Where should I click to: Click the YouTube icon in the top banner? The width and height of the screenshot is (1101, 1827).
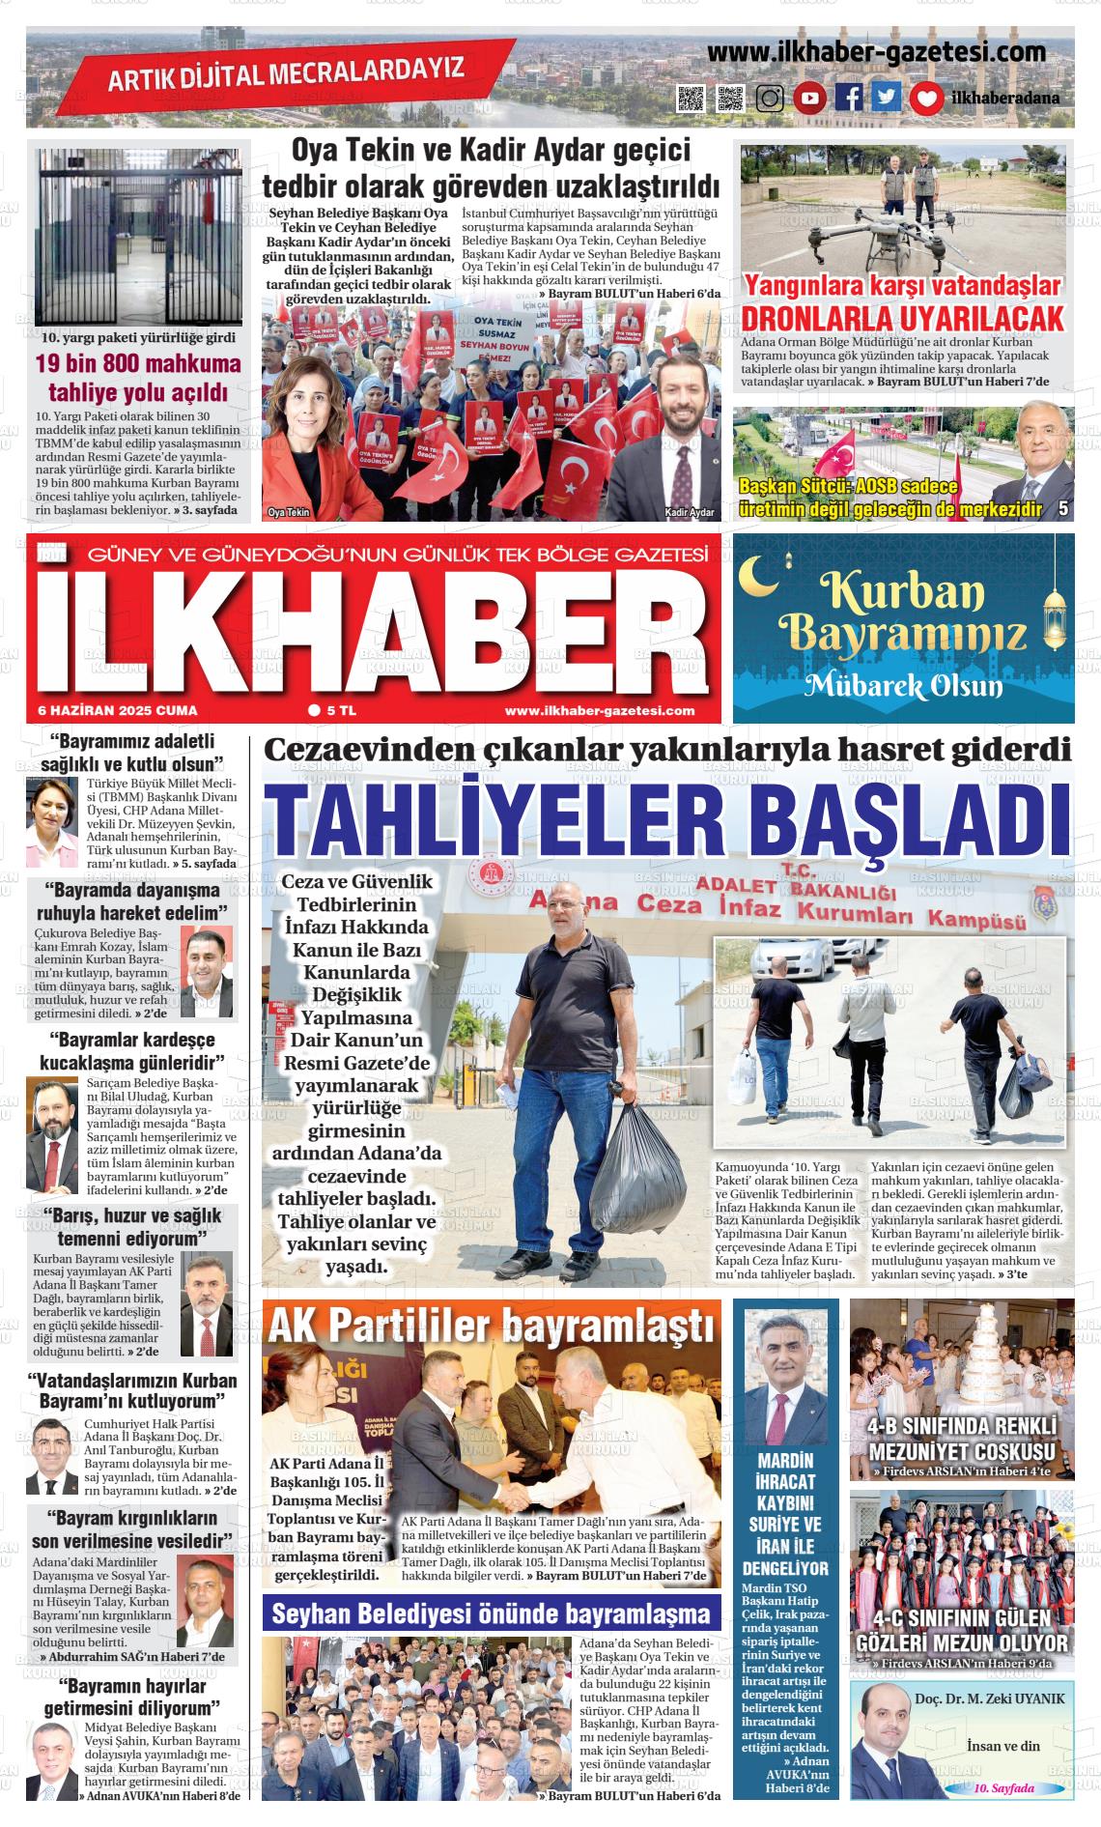(810, 98)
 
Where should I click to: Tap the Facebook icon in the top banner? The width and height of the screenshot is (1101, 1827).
(849, 98)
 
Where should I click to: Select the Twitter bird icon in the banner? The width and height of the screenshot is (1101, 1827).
(886, 98)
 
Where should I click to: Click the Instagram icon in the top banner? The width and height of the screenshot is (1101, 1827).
(770, 99)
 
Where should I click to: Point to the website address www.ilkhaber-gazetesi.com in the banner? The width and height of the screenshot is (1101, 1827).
(876, 52)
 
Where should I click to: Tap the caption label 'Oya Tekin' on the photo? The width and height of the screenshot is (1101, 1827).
(289, 512)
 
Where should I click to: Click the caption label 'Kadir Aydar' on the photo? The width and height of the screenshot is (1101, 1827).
(690, 512)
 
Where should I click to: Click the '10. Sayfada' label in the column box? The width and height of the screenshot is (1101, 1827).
(1004, 1788)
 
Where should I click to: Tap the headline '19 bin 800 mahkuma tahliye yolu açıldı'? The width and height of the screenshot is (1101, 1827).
(138, 378)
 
